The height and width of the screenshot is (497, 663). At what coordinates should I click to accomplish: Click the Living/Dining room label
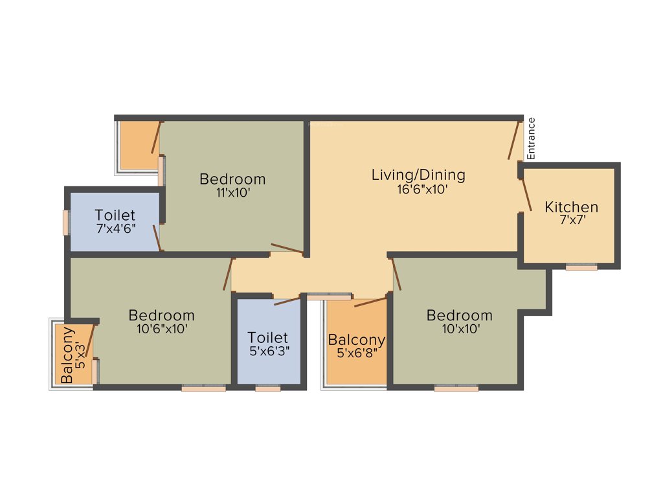[x=418, y=175]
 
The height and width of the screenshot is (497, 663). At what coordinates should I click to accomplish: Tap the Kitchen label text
[x=572, y=207]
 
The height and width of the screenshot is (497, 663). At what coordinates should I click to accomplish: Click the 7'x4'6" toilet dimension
[x=115, y=228]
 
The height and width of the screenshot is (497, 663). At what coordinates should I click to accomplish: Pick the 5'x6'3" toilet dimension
[x=268, y=351]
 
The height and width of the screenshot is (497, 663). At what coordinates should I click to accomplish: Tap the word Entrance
[x=531, y=138]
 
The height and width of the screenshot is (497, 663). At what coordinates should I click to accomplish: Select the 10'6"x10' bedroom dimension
[x=161, y=328]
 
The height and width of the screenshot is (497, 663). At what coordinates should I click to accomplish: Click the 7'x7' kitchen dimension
[x=571, y=220]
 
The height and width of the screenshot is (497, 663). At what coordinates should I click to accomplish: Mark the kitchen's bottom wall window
[x=581, y=267]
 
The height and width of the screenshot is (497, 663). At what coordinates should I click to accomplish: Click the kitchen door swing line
[x=526, y=193]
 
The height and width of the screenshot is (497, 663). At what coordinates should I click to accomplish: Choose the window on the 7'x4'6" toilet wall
[x=65, y=223]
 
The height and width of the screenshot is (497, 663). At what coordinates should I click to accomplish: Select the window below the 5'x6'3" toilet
[x=268, y=388]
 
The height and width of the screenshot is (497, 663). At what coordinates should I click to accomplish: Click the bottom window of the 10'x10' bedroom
[x=456, y=388]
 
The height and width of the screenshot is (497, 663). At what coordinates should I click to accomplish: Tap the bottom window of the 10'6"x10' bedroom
[x=203, y=388]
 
